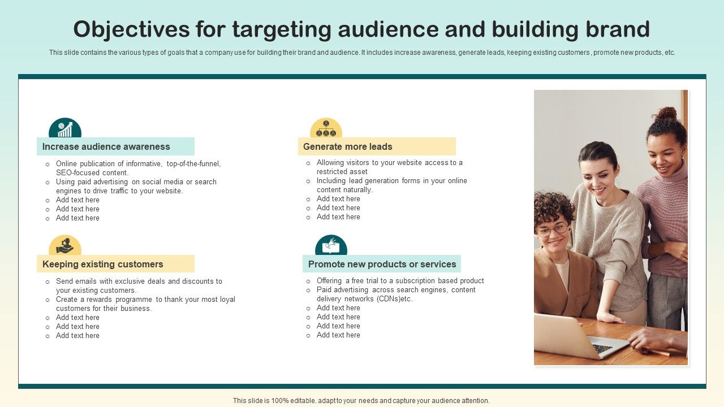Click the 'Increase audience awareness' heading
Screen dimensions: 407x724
[106, 146]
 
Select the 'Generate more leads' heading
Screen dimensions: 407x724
[348, 146]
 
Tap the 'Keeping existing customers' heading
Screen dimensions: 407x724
[103, 264]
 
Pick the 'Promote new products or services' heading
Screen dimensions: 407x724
[382, 264]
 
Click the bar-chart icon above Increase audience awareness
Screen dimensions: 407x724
[65, 129]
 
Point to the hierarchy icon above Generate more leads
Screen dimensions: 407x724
[326, 129]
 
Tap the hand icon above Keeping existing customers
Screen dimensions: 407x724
[65, 246]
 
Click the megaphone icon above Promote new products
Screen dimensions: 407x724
[331, 246]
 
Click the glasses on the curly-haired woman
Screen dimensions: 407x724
[551, 229]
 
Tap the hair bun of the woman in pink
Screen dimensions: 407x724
[666, 114]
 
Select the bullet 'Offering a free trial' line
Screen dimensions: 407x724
[400, 281]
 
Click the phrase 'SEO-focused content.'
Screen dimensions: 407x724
[92, 173]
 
